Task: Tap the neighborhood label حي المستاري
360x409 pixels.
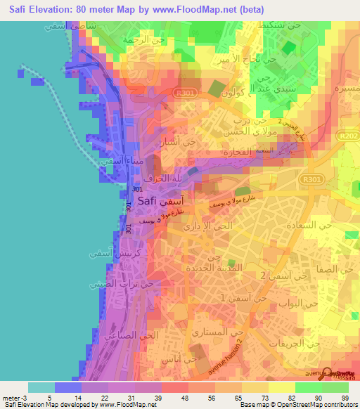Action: [x=219, y=332]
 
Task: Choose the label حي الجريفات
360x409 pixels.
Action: [x=304, y=344]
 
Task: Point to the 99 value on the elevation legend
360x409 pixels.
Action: [x=344, y=398]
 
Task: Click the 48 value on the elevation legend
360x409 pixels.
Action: [x=184, y=398]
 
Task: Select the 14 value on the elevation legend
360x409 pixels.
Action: [x=78, y=398]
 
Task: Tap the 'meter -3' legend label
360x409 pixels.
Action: [x=14, y=398]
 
